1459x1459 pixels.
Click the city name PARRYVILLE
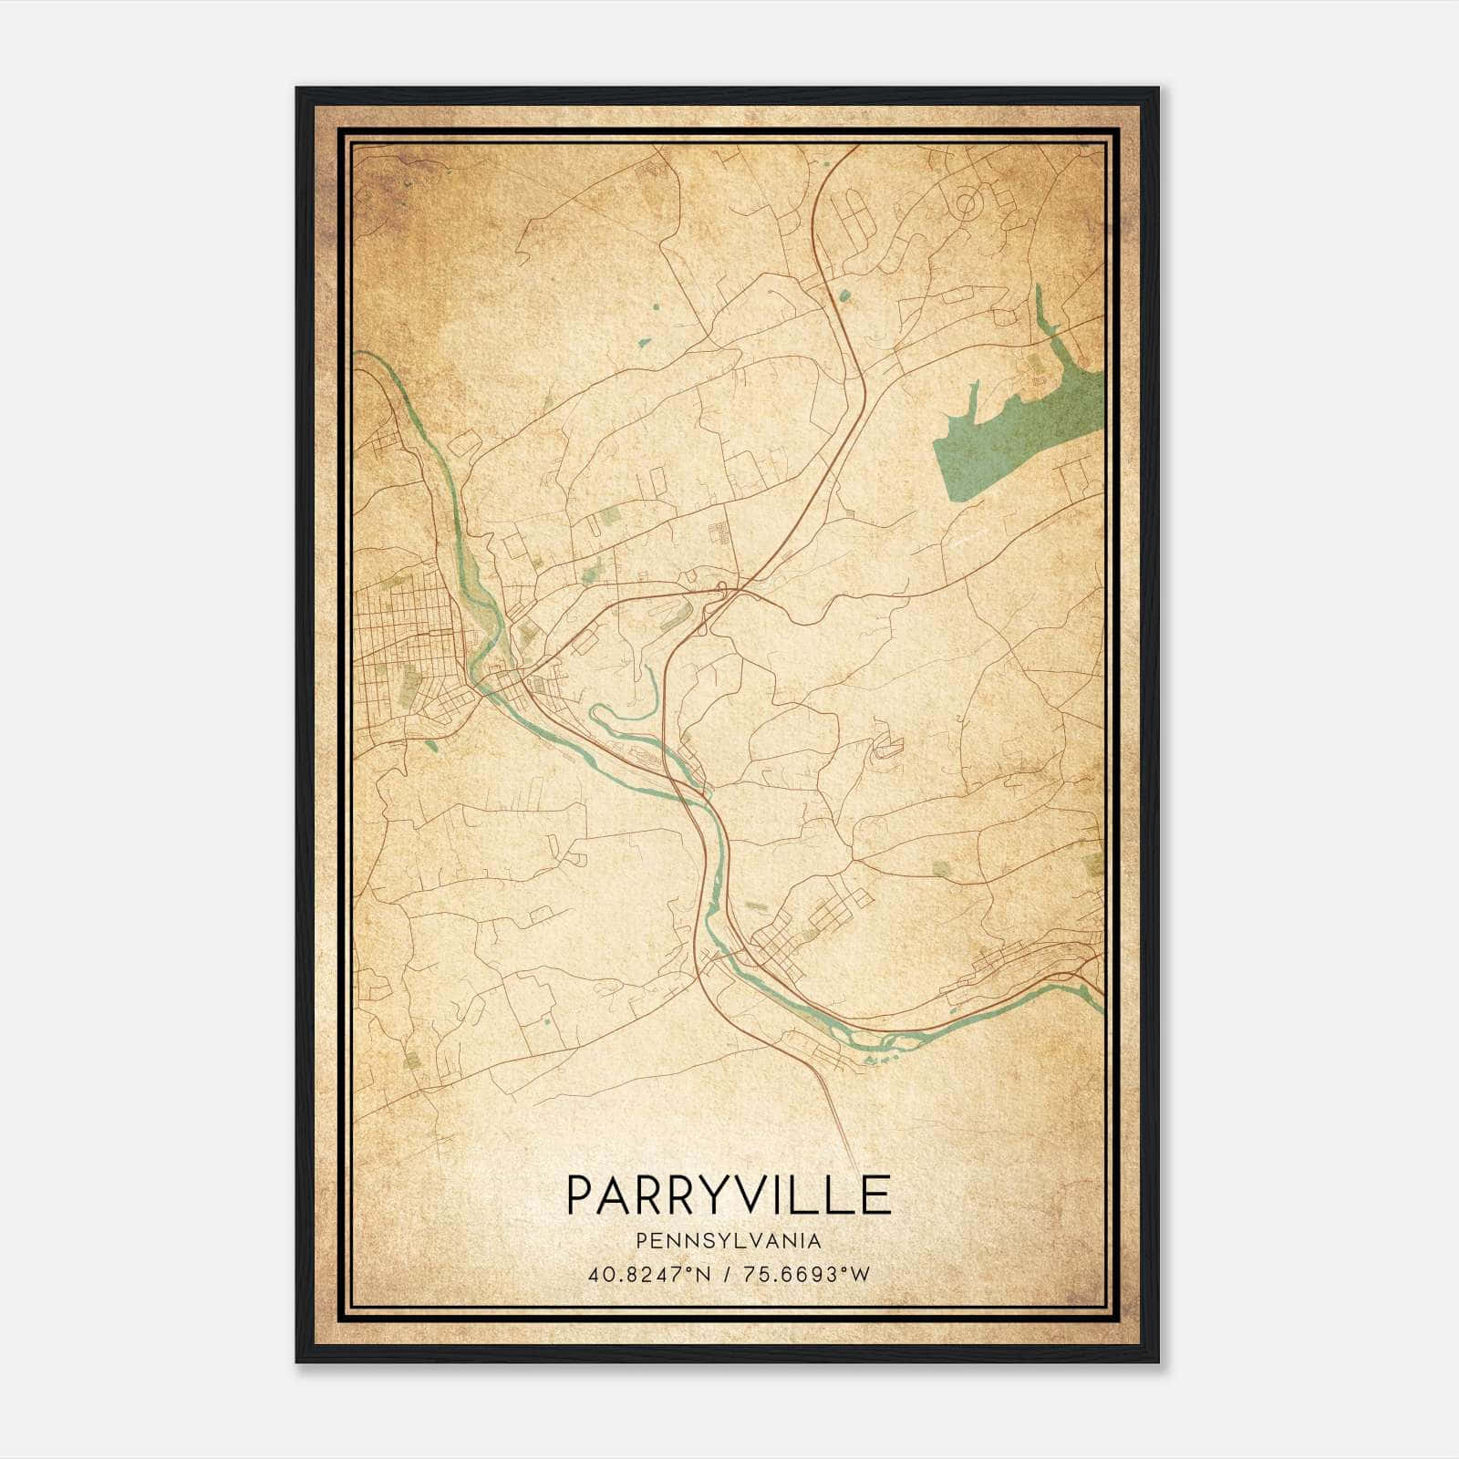(729, 1195)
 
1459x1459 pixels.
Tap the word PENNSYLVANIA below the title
(729, 1241)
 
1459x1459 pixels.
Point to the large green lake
(1012, 438)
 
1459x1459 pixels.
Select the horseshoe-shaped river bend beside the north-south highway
(629, 702)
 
